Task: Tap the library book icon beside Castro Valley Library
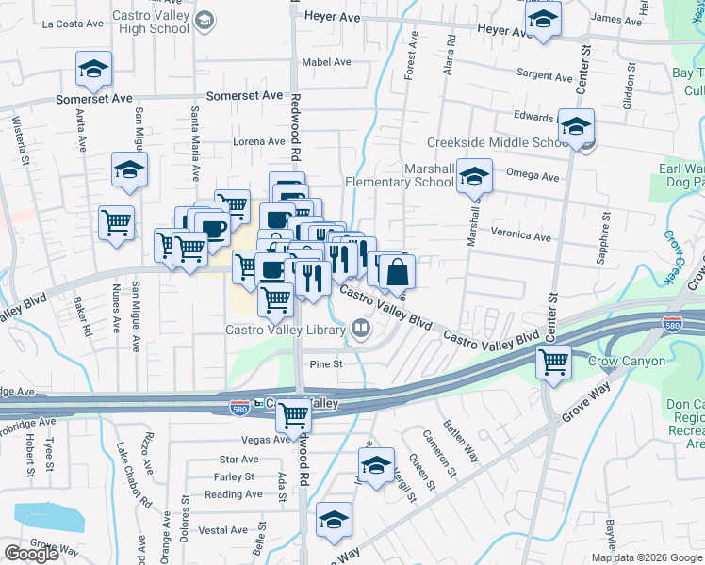359,329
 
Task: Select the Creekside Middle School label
497,142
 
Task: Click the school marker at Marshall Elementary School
475,174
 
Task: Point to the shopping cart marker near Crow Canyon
554,361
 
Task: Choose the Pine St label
324,363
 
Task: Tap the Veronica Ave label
520,236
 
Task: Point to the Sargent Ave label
545,76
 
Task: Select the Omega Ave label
533,175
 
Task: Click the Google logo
31,554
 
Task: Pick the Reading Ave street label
234,494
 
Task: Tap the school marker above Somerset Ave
94,68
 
